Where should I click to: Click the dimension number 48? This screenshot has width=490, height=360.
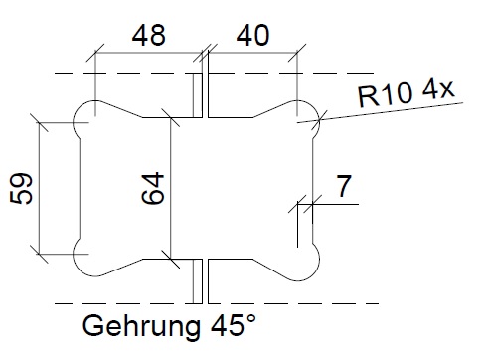click(x=148, y=35)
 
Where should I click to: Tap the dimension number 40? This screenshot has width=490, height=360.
click(x=252, y=35)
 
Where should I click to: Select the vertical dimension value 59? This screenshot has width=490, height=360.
click(x=21, y=188)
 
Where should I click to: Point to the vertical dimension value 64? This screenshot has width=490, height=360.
click(x=153, y=188)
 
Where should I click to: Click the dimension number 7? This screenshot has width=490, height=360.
click(x=344, y=186)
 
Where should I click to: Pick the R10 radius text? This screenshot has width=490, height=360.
click(x=386, y=95)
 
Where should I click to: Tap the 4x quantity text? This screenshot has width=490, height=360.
click(x=438, y=89)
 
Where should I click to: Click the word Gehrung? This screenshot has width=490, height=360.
click(x=141, y=327)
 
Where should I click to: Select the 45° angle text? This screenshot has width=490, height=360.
click(x=234, y=325)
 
